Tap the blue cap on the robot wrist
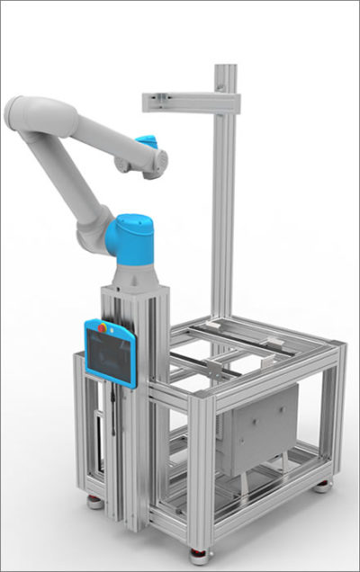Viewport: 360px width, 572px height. click(146, 141)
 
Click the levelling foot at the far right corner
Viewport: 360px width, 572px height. click(321, 487)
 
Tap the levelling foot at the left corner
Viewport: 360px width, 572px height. click(94, 501)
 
